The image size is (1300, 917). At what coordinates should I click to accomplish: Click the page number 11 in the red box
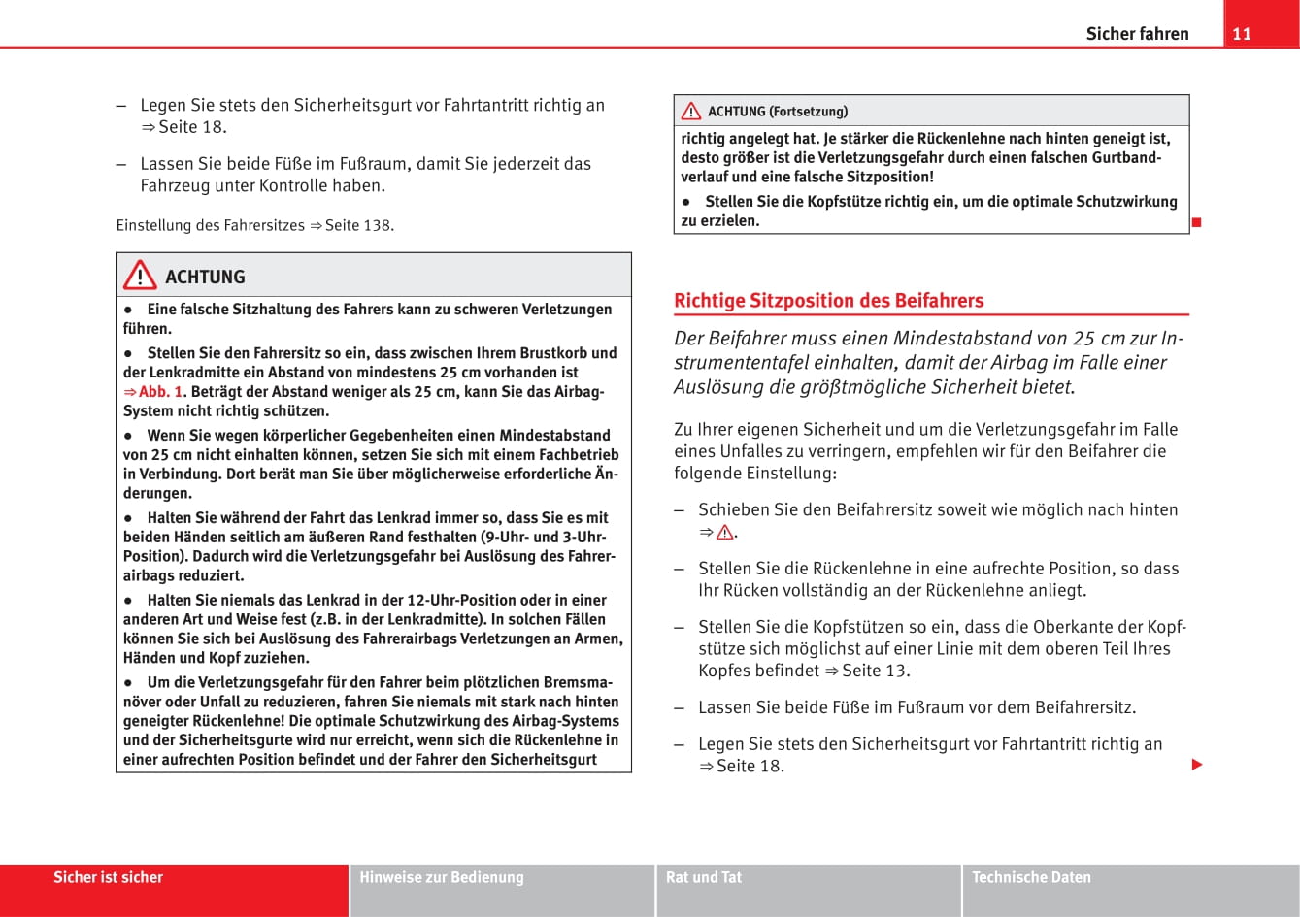(1242, 34)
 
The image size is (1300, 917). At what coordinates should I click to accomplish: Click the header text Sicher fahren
(1137, 34)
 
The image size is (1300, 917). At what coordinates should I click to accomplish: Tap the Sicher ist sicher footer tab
(108, 877)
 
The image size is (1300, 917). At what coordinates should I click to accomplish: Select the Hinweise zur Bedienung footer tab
(442, 877)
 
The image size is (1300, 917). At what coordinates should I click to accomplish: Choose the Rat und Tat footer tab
(704, 877)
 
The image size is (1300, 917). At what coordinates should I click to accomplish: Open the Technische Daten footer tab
(1031, 877)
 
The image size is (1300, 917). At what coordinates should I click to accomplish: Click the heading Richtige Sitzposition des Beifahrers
(828, 301)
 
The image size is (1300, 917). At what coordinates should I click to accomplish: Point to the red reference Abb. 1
(160, 392)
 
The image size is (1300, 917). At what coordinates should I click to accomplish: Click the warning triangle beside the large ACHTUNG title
(140, 277)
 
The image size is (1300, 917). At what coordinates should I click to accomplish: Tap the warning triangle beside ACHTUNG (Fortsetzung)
(691, 112)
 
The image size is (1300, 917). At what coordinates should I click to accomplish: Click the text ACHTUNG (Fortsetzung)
(778, 112)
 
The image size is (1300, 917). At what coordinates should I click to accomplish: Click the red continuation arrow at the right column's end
(1197, 766)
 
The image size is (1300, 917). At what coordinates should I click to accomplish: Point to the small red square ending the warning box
(1197, 224)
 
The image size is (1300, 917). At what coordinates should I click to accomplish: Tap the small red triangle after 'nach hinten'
(724, 533)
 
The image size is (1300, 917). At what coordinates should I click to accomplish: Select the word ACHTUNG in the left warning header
(205, 278)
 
